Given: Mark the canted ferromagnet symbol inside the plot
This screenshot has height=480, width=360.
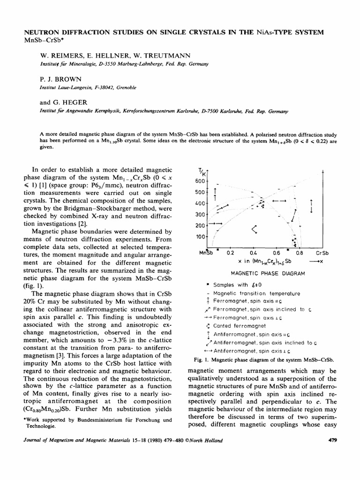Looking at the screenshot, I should point(255,229).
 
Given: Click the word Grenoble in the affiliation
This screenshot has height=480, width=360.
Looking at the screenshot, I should point(116,87).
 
